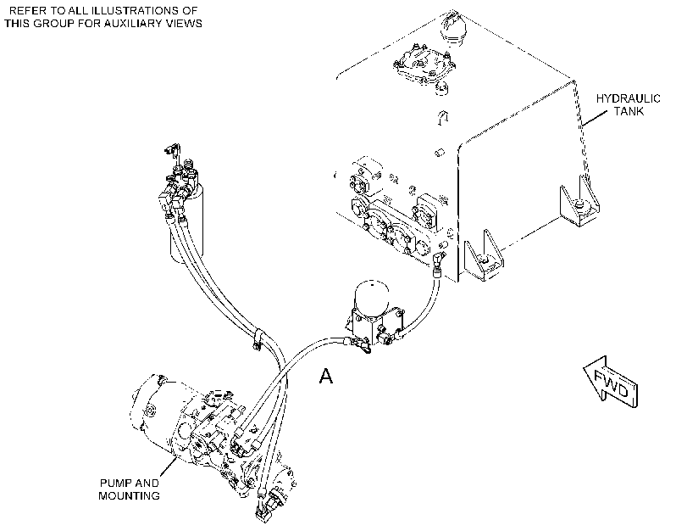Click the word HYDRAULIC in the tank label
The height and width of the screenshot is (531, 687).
click(628, 98)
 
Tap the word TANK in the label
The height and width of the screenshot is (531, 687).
click(629, 111)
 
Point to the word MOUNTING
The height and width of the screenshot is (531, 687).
click(129, 496)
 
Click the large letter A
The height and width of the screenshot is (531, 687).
click(325, 376)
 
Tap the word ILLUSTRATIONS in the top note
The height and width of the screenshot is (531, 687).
click(137, 10)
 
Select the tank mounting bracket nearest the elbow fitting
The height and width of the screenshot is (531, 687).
click(483, 256)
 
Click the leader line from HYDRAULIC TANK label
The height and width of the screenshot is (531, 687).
click(595, 118)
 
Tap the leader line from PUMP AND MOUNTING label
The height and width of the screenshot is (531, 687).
click(169, 467)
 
